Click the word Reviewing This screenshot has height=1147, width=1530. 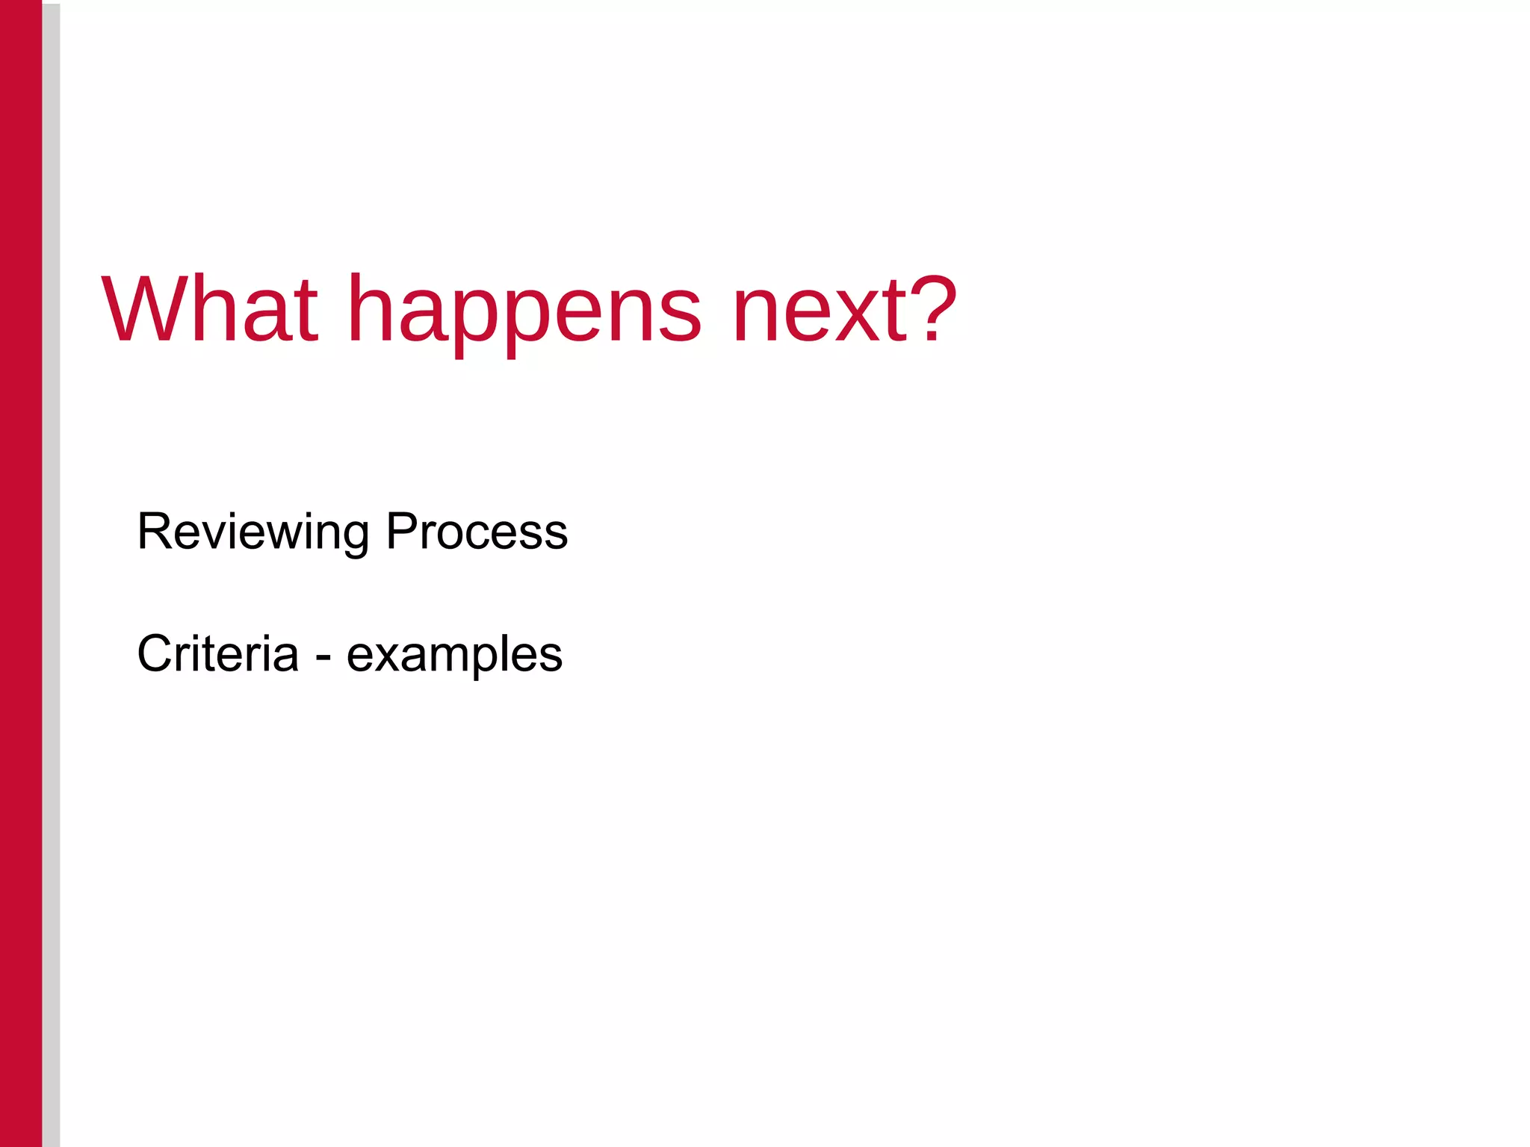click(253, 532)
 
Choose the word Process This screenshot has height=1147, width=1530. click(476, 532)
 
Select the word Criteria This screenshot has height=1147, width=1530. click(217, 653)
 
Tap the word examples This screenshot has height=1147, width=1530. click(454, 656)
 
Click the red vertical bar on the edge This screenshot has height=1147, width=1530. click(21, 573)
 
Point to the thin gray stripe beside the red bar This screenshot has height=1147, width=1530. click(51, 573)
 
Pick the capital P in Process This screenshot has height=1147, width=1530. click(402, 532)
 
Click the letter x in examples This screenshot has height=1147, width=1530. click(387, 657)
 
